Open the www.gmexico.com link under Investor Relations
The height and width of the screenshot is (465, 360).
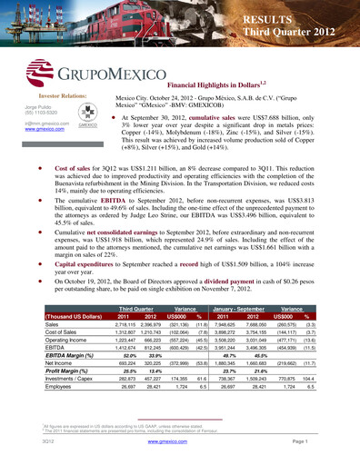point(43,130)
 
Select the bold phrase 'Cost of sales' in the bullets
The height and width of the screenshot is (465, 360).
point(75,170)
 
